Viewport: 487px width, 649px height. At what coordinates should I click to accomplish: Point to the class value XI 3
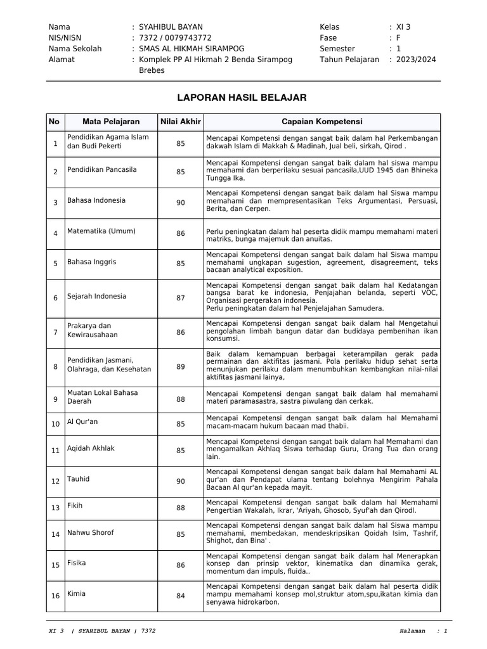(404, 27)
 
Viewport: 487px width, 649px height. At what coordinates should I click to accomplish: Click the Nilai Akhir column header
(181, 122)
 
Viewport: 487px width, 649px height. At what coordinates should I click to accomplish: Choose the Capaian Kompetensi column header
(322, 122)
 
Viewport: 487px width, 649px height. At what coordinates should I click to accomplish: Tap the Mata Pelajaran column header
(109, 122)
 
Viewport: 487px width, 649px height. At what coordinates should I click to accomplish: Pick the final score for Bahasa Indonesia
(181, 203)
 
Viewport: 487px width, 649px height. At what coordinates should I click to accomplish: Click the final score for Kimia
(181, 596)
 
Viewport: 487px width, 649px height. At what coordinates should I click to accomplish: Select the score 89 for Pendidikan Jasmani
(181, 366)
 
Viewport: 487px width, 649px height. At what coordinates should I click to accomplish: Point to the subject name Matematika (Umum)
(101, 231)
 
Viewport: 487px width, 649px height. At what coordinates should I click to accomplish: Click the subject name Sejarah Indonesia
(97, 296)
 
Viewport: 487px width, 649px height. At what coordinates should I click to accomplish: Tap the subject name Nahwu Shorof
(91, 532)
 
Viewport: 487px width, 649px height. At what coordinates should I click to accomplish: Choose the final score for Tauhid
(181, 482)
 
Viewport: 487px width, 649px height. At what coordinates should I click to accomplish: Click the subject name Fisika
(77, 563)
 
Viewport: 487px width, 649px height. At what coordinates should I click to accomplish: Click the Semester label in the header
(339, 48)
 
